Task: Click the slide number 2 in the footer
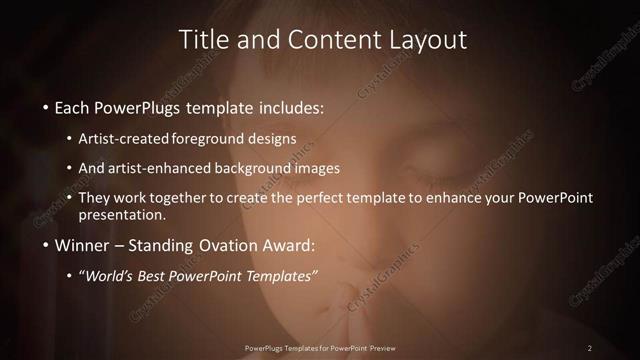click(590, 347)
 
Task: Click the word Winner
click(83, 245)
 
